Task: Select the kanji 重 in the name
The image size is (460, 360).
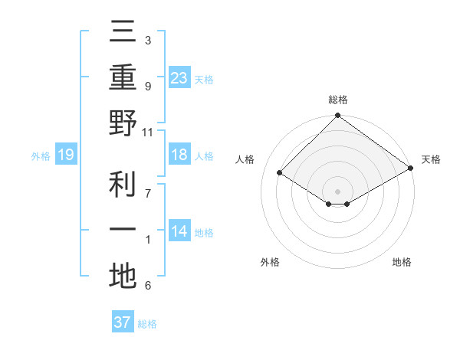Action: pyautogui.click(x=123, y=77)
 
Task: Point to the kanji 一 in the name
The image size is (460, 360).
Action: pyautogui.click(x=123, y=230)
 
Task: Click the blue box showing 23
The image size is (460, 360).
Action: pyautogui.click(x=179, y=78)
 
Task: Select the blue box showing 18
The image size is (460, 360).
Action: pyautogui.click(x=179, y=155)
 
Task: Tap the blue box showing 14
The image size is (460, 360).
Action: pyautogui.click(x=179, y=232)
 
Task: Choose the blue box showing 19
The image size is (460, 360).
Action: pyautogui.click(x=65, y=155)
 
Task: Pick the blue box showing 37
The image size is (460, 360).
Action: pyautogui.click(x=123, y=322)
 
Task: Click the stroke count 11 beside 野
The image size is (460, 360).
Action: pyautogui.click(x=149, y=132)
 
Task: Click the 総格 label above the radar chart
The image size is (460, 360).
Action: pyautogui.click(x=338, y=100)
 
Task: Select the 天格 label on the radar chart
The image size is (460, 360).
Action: pyautogui.click(x=431, y=159)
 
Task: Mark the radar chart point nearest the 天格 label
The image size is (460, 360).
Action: pyautogui.click(x=410, y=168)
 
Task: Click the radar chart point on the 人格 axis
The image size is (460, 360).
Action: pyautogui.click(x=280, y=173)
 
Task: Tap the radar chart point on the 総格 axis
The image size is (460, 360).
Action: pyautogui.click(x=337, y=116)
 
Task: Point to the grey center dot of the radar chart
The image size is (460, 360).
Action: pyautogui.click(x=337, y=191)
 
